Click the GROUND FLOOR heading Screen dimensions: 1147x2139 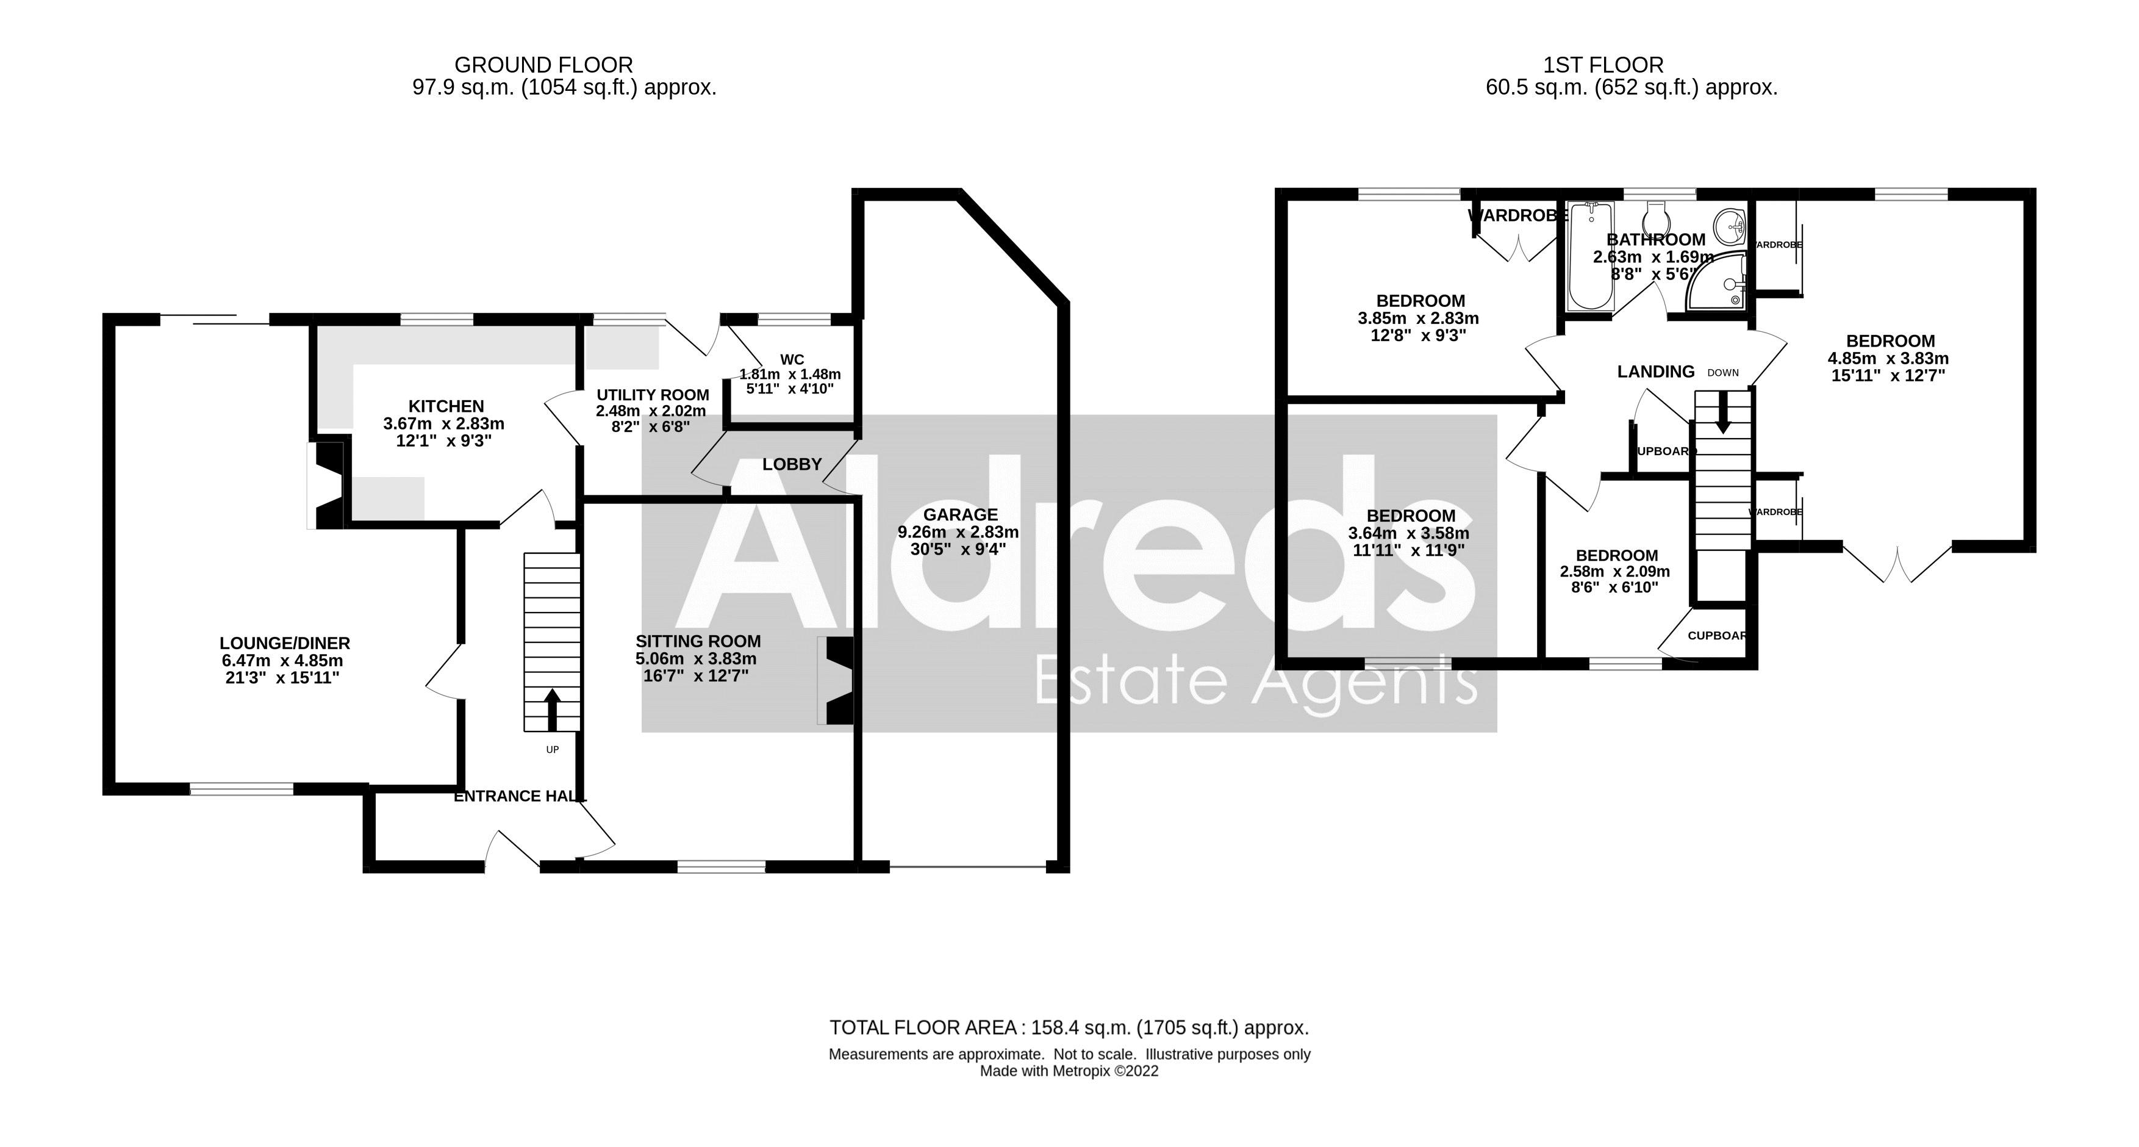click(x=544, y=65)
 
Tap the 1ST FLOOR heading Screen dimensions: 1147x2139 click(x=1603, y=65)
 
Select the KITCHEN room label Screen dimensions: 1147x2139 click(x=446, y=406)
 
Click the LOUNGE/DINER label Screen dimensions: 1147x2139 click(x=284, y=643)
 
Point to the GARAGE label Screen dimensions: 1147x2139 click(x=960, y=515)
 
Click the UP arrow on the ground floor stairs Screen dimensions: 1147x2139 click(x=551, y=708)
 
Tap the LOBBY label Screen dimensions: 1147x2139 click(x=792, y=464)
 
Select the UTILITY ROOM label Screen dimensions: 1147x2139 click(x=653, y=395)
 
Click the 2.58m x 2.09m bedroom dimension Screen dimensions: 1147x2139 click(x=1615, y=572)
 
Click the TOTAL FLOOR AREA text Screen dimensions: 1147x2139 click(x=1069, y=1028)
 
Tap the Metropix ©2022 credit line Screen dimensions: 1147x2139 click(x=1069, y=1071)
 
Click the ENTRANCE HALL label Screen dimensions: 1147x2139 click(x=520, y=796)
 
